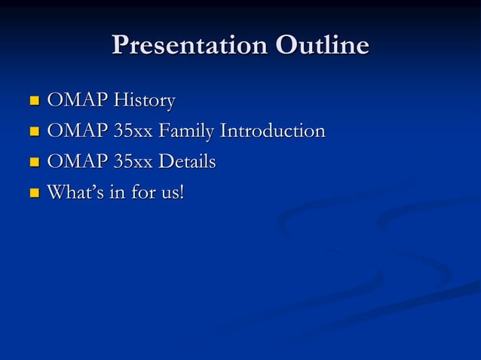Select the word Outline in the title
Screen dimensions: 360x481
(x=322, y=46)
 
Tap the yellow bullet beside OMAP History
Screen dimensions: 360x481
(x=33, y=101)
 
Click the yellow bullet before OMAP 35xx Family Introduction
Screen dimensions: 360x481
(x=33, y=132)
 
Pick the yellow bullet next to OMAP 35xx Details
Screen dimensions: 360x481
(x=33, y=163)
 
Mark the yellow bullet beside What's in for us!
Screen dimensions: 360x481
(x=33, y=194)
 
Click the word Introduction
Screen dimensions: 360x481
(x=272, y=131)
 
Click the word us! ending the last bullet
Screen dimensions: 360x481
(x=171, y=194)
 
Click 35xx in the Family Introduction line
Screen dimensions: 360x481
(x=133, y=132)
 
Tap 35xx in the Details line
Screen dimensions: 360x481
(x=133, y=163)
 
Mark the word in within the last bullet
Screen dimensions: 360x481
(x=116, y=193)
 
